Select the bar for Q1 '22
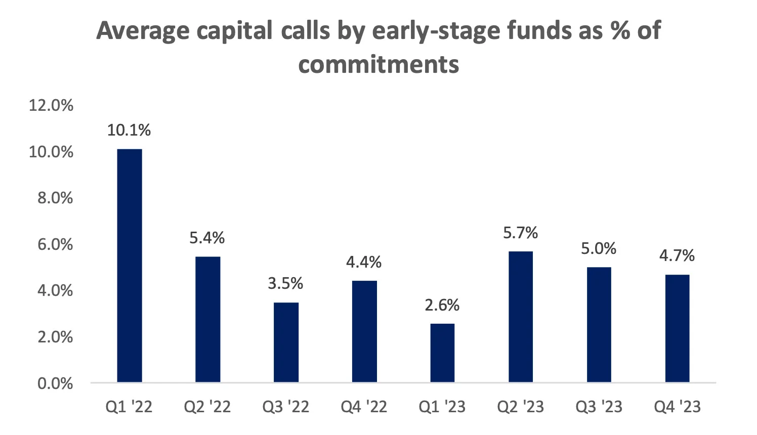pos(130,266)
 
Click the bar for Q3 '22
pos(286,342)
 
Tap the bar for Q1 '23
pos(442,353)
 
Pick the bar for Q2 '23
pos(520,317)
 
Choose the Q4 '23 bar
pos(677,328)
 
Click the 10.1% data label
pos(129,130)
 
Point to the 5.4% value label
pos(207,238)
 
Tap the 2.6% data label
pos(442,306)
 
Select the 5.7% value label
pos(520,233)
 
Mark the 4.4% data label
pos(364,263)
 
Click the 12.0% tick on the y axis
pos(51,105)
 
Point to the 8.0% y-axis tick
pos(55,198)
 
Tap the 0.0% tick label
pos(55,384)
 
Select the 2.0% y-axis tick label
pos(55,337)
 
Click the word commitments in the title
pos(379,64)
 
